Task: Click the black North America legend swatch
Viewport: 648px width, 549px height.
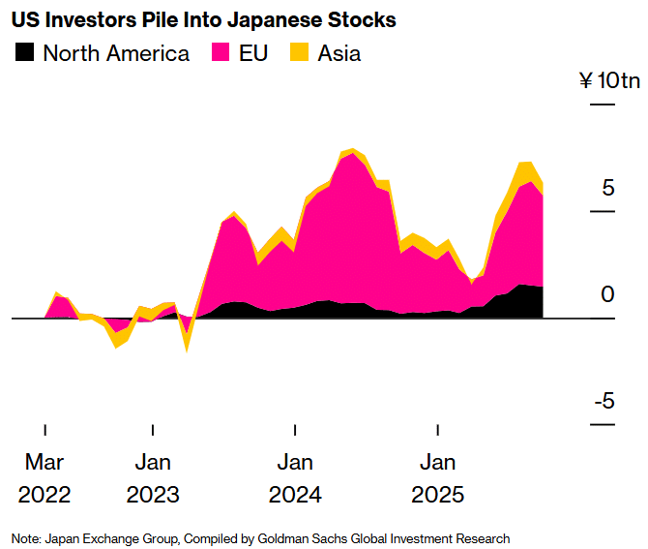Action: click(x=25, y=53)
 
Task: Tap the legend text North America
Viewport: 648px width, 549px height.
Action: click(x=116, y=53)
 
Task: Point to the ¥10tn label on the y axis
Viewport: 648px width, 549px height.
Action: click(x=609, y=80)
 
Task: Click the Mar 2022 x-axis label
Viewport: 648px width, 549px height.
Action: click(x=44, y=477)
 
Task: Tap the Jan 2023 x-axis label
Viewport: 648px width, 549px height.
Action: click(x=153, y=477)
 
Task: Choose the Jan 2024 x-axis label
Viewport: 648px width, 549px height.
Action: click(x=295, y=477)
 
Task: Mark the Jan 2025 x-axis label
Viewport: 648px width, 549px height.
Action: click(x=438, y=477)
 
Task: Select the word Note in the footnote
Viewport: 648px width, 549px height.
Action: click(x=26, y=538)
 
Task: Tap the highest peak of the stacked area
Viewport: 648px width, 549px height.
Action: click(x=352, y=150)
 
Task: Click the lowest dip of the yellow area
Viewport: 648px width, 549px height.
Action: click(x=186, y=349)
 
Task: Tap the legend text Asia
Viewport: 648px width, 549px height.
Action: click(x=339, y=53)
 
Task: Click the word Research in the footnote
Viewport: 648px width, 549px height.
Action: click(x=483, y=538)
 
